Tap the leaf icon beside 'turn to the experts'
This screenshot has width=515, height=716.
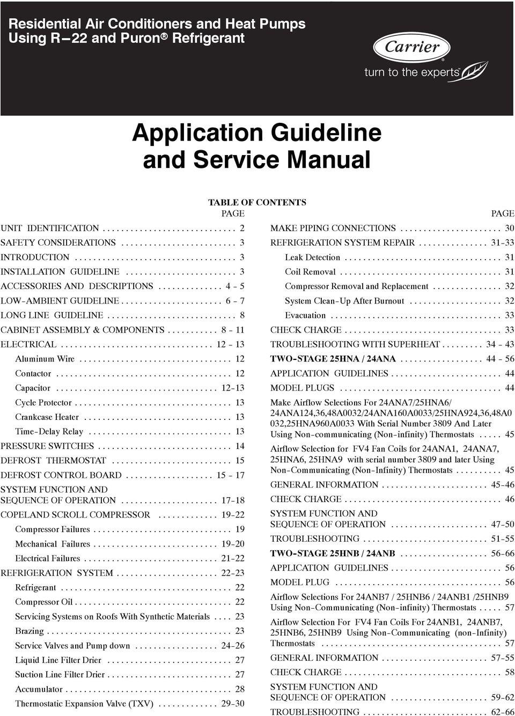coord(475,70)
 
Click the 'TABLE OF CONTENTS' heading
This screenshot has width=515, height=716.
coord(257,202)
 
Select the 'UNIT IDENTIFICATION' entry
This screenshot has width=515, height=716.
coord(50,228)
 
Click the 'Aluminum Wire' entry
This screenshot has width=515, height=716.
coord(45,359)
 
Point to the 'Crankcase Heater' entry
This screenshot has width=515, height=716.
coord(47,417)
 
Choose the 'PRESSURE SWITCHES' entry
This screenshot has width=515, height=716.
coord(47,446)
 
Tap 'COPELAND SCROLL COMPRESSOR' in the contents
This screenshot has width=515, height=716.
coord(76,515)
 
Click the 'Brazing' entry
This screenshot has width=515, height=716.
coord(30,631)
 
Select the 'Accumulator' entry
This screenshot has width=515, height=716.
coord(39,689)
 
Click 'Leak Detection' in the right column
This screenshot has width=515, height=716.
coord(312,257)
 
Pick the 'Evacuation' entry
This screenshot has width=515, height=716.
coord(305,315)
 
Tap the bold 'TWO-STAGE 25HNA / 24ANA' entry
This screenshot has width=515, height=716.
coord(333,359)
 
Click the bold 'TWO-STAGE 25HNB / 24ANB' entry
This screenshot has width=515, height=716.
coord(333,553)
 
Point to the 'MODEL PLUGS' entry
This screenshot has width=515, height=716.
coord(302,388)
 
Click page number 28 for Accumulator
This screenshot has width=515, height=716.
coord(239,689)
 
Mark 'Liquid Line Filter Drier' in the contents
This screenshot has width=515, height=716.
coord(58,660)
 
